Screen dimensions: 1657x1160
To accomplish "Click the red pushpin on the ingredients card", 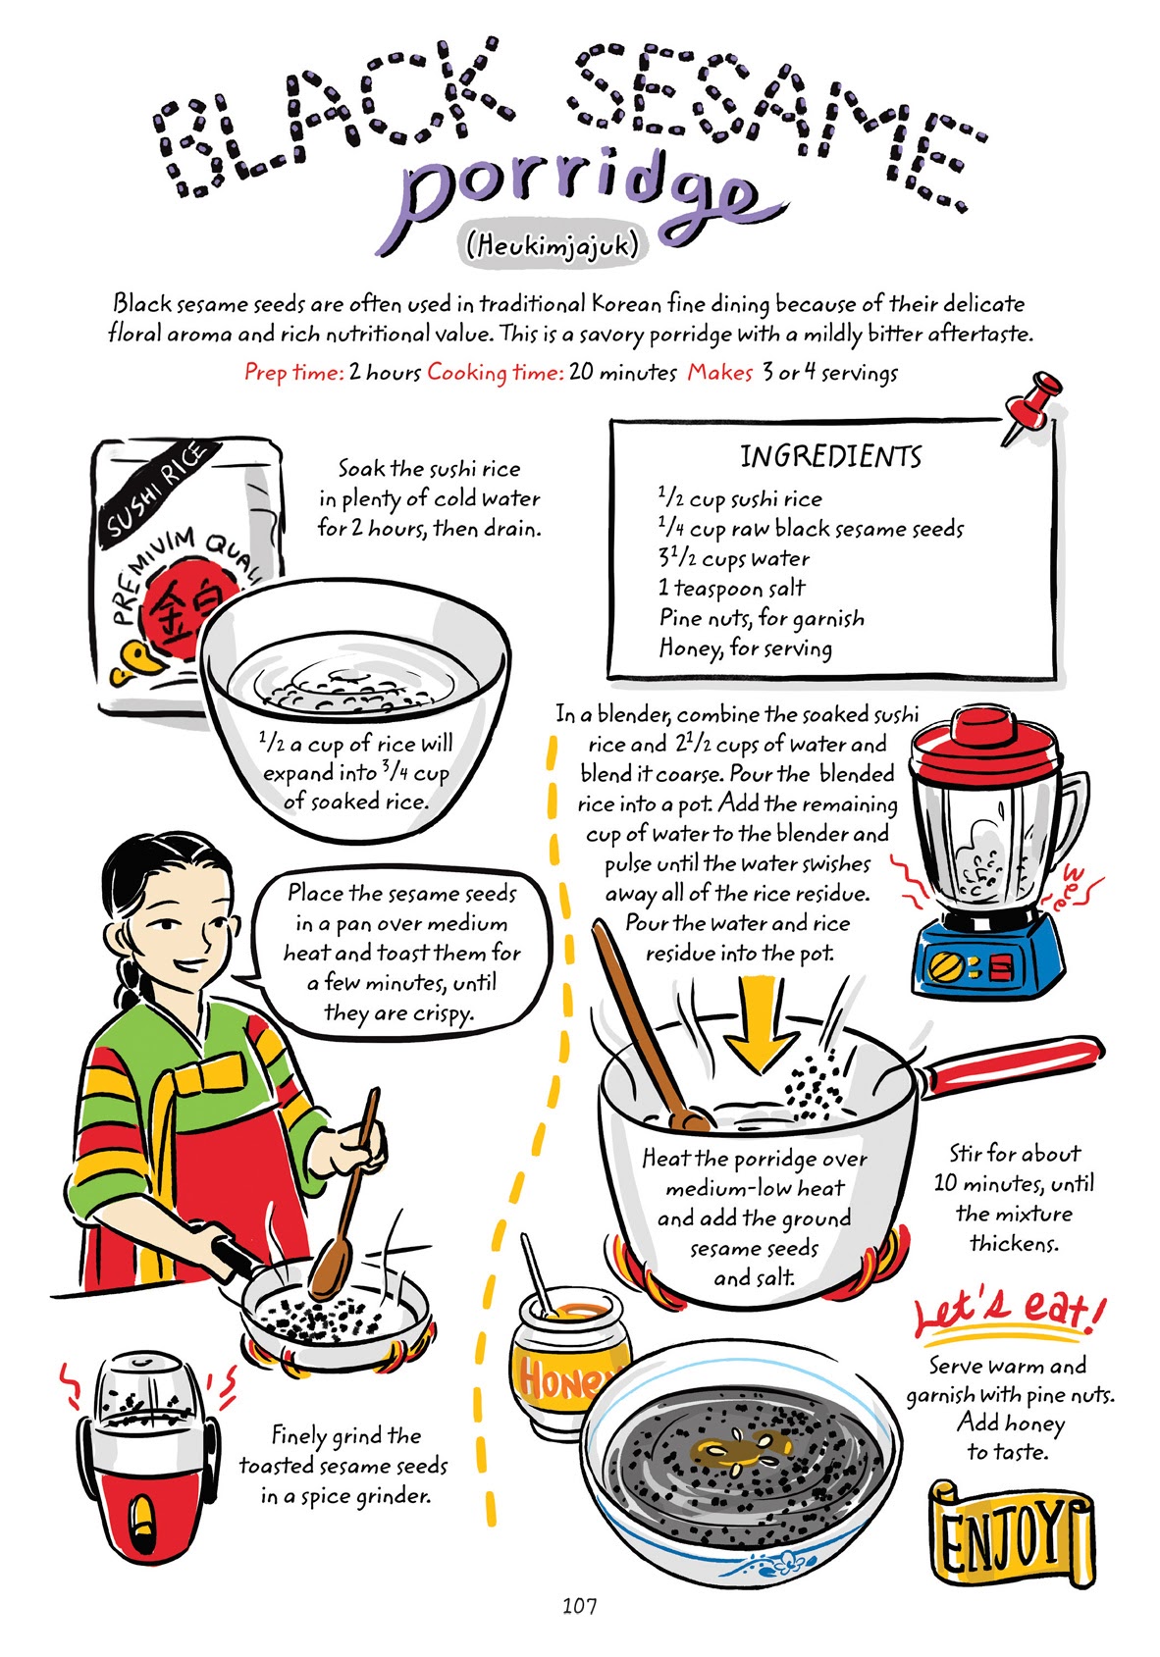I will pos(1030,405).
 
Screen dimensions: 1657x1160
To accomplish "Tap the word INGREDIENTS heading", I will pos(830,457).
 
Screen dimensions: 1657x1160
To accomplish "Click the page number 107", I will pos(579,1606).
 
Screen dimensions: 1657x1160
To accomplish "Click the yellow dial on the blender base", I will pos(948,966).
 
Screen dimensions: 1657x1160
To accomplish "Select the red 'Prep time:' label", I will pos(293,373).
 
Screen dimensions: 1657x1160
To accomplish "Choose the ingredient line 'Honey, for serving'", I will pos(745,648).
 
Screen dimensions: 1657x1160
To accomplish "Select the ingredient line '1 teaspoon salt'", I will pos(731,589).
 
